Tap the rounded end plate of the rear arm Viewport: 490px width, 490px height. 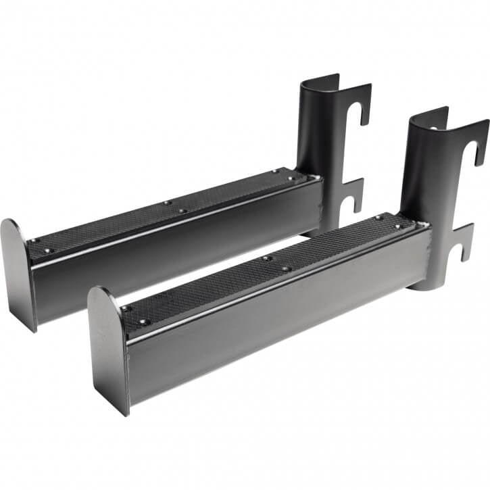click(x=18, y=270)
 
